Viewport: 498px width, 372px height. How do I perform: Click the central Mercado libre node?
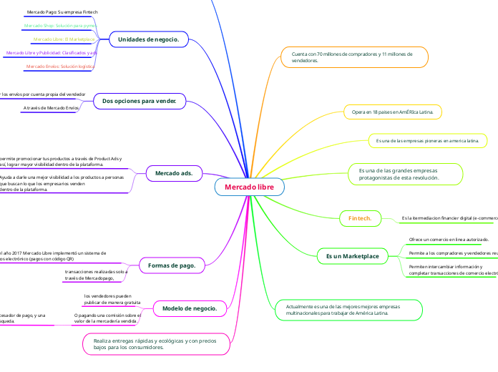coord(249,187)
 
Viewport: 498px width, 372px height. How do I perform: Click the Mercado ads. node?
coord(174,172)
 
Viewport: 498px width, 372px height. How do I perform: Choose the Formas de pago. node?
coord(171,265)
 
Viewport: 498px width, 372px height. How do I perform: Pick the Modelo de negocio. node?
coord(190,308)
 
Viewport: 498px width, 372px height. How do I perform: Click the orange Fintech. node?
coord(359,217)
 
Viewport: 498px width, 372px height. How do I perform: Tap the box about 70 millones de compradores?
coord(356,58)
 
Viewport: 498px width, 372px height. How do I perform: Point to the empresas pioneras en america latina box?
coord(427,141)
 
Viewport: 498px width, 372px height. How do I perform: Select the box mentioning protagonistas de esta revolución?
coord(404,174)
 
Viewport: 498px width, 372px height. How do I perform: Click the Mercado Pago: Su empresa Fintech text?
coord(62,13)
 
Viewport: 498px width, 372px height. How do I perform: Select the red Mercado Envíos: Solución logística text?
coord(60,67)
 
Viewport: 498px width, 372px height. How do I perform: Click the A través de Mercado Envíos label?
coord(51,108)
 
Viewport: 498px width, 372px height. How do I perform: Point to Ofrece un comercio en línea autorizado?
coord(449,239)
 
